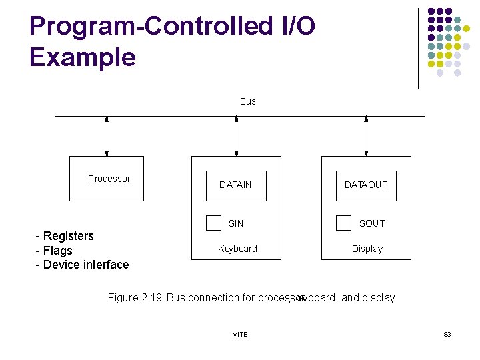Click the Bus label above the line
(x=247, y=101)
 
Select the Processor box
(x=109, y=179)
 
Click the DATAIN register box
(x=235, y=185)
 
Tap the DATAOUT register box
(x=365, y=185)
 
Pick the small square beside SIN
(x=213, y=223)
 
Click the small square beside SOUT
(x=343, y=223)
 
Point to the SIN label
(x=236, y=223)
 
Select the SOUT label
(x=371, y=223)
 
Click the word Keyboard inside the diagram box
(x=237, y=249)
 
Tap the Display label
(x=367, y=249)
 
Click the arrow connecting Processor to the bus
(x=107, y=136)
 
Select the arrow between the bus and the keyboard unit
(x=237, y=136)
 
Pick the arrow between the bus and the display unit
(x=367, y=136)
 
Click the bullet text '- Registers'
(x=65, y=236)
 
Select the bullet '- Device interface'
(x=82, y=265)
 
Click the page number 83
(x=447, y=334)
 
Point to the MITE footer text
(x=239, y=334)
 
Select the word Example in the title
(x=82, y=57)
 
